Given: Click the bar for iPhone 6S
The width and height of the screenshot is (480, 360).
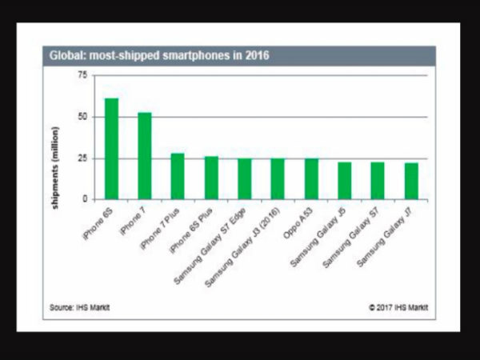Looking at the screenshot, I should (x=111, y=149).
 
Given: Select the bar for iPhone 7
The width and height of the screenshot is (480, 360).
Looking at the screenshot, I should (x=145, y=156).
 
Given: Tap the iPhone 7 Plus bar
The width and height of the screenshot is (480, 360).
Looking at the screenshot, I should (x=178, y=176).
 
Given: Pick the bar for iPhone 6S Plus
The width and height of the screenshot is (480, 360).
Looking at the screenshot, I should (x=211, y=178).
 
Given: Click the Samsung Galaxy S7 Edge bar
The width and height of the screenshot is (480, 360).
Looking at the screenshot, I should (x=245, y=179).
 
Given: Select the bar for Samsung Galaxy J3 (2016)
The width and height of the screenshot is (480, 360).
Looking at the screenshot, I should (x=278, y=179).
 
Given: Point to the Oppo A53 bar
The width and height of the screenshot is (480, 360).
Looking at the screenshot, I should (x=311, y=179).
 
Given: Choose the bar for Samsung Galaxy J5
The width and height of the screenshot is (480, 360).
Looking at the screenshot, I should (x=345, y=181).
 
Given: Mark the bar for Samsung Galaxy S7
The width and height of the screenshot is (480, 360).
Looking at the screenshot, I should (x=378, y=181).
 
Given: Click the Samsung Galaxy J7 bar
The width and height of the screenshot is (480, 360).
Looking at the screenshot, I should (x=411, y=181).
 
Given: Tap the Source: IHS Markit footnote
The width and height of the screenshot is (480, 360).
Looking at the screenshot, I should (x=78, y=306).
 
